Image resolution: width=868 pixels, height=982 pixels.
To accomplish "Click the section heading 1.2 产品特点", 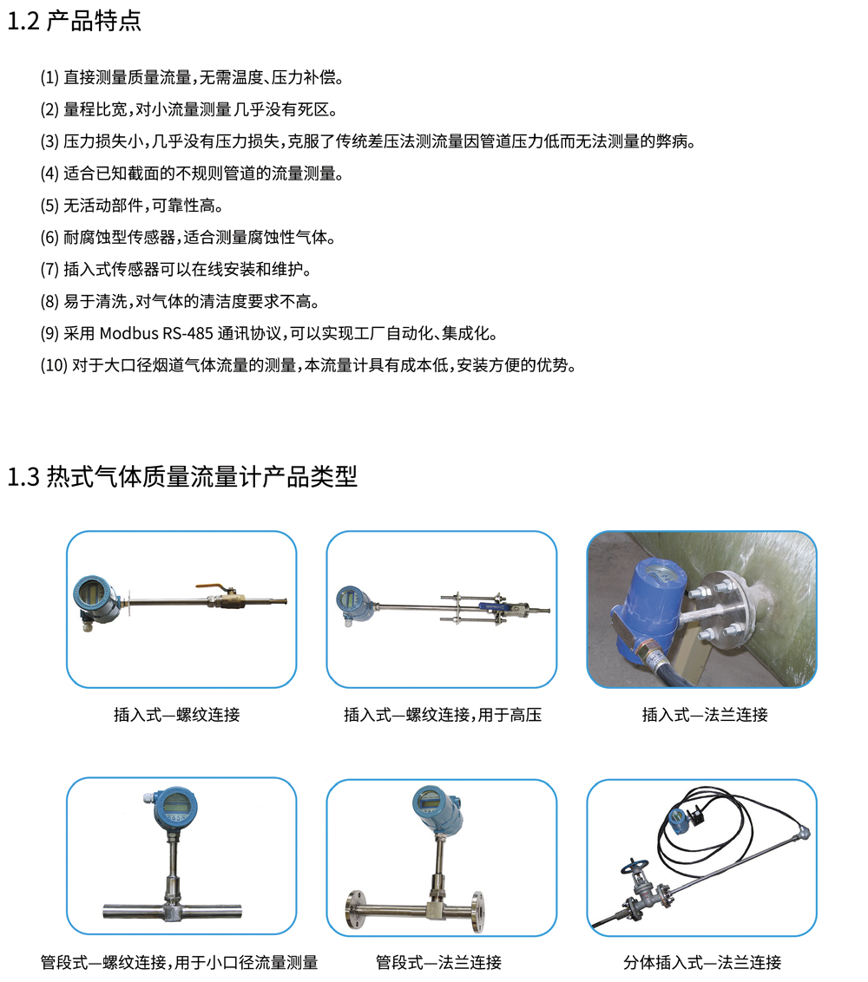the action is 74,21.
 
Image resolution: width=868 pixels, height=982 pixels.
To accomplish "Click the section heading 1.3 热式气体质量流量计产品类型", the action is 181,476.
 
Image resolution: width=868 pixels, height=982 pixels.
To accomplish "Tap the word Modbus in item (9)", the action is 128,333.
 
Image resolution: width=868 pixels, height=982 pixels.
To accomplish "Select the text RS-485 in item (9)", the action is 188,333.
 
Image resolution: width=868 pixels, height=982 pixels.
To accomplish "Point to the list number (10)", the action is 54,365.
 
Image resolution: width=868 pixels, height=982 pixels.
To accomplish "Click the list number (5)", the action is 49,206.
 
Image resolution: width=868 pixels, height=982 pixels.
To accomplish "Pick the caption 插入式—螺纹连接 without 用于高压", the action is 177,715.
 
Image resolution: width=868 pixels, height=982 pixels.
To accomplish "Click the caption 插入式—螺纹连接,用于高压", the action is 443,715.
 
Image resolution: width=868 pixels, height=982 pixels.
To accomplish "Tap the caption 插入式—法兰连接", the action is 705,715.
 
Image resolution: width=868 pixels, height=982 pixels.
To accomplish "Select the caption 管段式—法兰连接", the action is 438,962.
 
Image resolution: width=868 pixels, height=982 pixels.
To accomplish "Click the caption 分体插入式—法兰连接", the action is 702,962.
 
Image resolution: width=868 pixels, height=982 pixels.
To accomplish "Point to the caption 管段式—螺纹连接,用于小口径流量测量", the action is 179,962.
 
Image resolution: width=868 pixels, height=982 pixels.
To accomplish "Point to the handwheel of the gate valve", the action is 631,867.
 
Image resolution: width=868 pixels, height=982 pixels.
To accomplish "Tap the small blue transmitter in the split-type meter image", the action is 677,821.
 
